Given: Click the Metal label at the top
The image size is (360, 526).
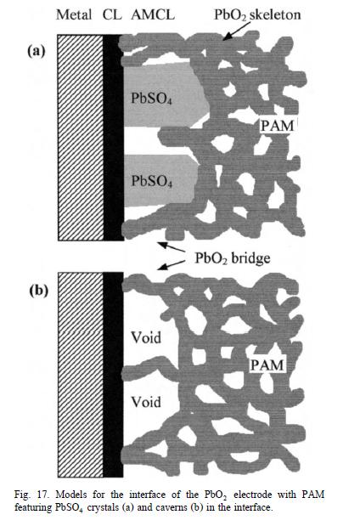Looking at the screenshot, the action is pyautogui.click(x=74, y=14).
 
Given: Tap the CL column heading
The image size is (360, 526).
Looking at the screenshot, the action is pyautogui.click(x=112, y=14).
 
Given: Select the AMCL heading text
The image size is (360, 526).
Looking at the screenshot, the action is pyautogui.click(x=153, y=14).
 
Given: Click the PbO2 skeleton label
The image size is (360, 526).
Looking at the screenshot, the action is pyautogui.click(x=257, y=15).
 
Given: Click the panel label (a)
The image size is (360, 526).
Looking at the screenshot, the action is pyautogui.click(x=37, y=51).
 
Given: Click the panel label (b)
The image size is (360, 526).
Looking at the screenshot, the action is pyautogui.click(x=38, y=291).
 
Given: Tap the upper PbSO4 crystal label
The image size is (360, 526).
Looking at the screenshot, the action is pyautogui.click(x=151, y=99).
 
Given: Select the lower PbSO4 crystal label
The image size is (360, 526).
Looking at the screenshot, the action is pyautogui.click(x=151, y=181).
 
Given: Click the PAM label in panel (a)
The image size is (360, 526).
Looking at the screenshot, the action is pyautogui.click(x=277, y=126).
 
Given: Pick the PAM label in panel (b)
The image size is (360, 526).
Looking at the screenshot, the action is pyautogui.click(x=267, y=365).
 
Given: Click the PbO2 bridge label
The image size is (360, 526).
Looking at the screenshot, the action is pyautogui.click(x=233, y=258).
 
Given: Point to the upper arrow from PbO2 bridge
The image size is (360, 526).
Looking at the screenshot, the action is pyautogui.click(x=172, y=247).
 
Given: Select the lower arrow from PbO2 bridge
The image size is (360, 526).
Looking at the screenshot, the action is pyautogui.click(x=172, y=265).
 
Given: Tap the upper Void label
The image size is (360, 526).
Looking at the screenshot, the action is pyautogui.click(x=146, y=337).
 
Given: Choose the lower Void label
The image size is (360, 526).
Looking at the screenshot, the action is pyautogui.click(x=146, y=402).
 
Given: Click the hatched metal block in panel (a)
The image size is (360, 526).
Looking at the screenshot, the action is pyautogui.click(x=81, y=138).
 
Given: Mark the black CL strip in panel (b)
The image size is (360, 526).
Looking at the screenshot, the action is pyautogui.click(x=113, y=375).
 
